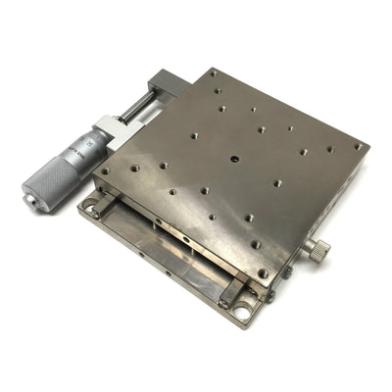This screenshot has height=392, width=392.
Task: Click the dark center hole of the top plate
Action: click(x=233, y=158)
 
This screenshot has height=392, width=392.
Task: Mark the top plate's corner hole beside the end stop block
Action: click(x=212, y=73)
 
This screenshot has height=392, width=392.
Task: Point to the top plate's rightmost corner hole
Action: click(x=359, y=148)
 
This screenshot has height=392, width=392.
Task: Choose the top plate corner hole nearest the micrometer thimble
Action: click(x=106, y=171)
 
